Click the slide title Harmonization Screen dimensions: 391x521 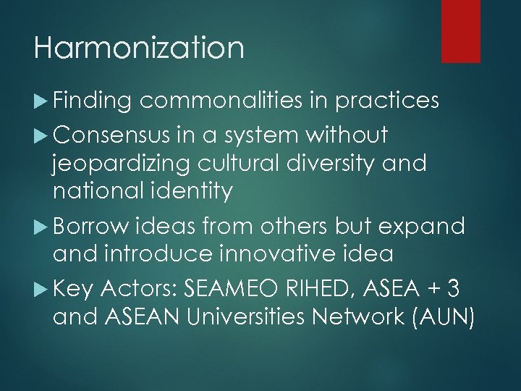click(x=138, y=49)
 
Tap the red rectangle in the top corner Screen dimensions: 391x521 click(x=461, y=30)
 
